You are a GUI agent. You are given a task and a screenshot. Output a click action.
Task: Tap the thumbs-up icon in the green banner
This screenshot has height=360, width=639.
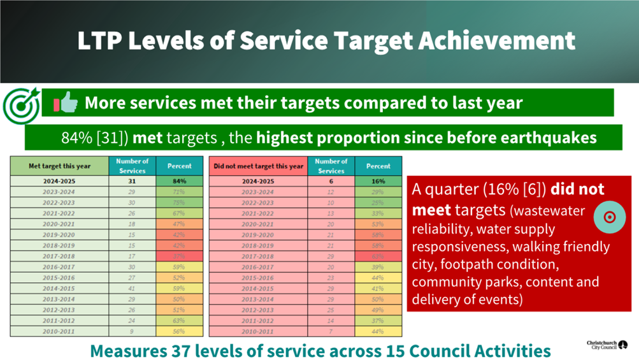pyautogui.click(x=66, y=103)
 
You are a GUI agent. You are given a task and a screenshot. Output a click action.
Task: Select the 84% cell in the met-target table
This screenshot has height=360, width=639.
pyautogui.click(x=179, y=181)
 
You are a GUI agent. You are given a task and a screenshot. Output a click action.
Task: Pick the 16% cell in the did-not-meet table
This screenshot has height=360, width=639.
pyautogui.click(x=378, y=181)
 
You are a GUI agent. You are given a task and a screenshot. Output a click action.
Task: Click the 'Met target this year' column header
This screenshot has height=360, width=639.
pyautogui.click(x=60, y=166)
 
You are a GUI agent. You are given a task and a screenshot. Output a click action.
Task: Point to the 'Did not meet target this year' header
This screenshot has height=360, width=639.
pyautogui.click(x=259, y=166)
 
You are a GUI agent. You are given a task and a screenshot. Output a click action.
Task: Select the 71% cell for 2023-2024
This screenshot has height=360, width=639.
pyautogui.click(x=179, y=192)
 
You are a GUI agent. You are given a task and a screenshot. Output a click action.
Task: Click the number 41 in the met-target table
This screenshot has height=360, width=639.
pyautogui.click(x=133, y=288)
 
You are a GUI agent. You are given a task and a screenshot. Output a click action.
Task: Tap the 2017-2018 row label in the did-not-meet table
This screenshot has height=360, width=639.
pyautogui.click(x=259, y=256)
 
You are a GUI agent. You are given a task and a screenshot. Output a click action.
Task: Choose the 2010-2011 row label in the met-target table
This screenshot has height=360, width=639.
pyautogui.click(x=60, y=331)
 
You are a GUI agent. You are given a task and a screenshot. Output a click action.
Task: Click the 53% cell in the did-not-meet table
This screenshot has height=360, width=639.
pyautogui.click(x=378, y=224)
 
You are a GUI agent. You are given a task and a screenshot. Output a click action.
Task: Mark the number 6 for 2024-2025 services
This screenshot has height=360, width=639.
pyautogui.click(x=331, y=181)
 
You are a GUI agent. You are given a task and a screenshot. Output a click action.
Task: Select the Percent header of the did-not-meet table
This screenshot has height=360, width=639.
pyautogui.click(x=378, y=166)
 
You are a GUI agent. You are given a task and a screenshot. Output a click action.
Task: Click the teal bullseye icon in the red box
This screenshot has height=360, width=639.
pyautogui.click(x=609, y=217)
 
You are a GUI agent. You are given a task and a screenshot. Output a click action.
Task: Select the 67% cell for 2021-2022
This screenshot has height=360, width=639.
pyautogui.click(x=179, y=213)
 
